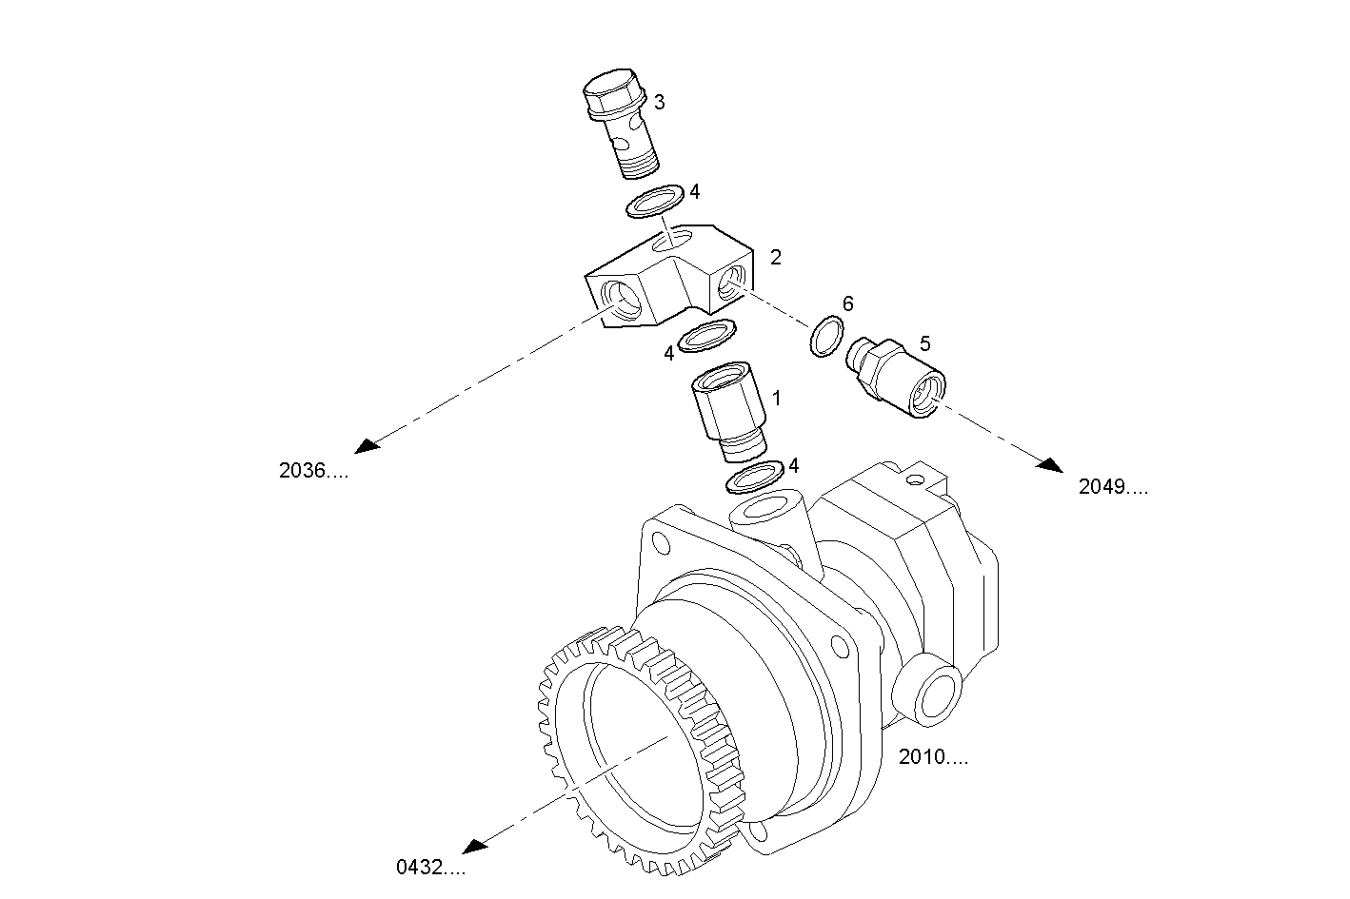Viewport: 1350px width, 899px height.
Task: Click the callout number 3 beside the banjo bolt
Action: point(659,101)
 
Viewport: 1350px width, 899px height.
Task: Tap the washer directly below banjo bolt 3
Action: point(655,202)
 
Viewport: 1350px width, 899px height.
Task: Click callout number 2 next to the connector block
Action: point(776,257)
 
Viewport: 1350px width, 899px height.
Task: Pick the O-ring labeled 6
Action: point(827,338)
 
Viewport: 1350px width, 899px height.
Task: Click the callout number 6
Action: point(847,303)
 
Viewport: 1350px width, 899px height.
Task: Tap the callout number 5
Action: point(924,342)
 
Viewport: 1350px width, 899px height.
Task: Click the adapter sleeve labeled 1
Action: point(727,417)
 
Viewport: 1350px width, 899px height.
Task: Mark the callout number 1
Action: point(776,398)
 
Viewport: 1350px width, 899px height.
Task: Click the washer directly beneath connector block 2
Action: point(707,335)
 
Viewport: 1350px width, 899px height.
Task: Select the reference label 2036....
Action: point(313,470)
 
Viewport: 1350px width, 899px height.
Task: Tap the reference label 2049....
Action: point(1113,487)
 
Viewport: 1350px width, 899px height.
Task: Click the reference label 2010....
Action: point(934,757)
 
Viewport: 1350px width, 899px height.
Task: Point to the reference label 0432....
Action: point(430,867)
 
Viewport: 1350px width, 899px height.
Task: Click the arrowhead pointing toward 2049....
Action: point(1051,464)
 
